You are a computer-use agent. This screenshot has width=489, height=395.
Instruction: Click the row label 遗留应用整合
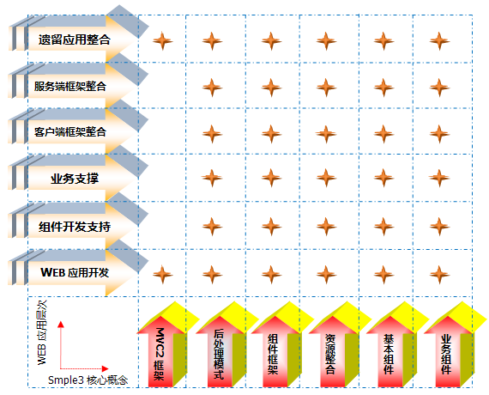[x=75, y=39]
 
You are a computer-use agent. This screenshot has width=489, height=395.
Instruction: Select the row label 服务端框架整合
[x=70, y=86]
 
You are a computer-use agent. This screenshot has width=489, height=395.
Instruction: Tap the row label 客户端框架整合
[x=70, y=131]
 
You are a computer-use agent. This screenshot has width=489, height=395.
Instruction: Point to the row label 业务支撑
[x=75, y=179]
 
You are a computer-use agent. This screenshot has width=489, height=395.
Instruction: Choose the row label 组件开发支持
[x=75, y=227]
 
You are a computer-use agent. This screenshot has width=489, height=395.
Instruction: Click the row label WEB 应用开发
[x=75, y=272]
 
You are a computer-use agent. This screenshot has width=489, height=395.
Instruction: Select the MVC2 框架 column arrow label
[x=160, y=354]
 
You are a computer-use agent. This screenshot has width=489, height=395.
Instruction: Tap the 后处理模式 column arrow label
[x=219, y=355]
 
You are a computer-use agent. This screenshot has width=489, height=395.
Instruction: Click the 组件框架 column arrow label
[x=273, y=355]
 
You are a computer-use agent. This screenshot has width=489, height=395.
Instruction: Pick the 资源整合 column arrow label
[x=330, y=355]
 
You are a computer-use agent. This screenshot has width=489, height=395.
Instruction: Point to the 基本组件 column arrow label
[x=389, y=355]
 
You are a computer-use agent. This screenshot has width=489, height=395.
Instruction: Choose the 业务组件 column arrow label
[x=446, y=355]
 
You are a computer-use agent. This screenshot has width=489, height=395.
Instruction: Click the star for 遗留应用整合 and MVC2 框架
[x=162, y=41]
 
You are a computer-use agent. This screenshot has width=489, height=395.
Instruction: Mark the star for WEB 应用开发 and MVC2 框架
[x=162, y=275]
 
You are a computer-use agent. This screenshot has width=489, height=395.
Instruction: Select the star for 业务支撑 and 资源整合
[x=326, y=178]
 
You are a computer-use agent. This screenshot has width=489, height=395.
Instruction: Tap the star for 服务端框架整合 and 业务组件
[x=439, y=88]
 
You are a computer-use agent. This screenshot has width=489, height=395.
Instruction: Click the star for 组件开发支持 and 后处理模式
[x=212, y=227]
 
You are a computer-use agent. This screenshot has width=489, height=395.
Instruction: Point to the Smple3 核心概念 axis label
[x=88, y=380]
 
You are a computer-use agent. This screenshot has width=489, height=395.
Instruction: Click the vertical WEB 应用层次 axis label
[x=42, y=332]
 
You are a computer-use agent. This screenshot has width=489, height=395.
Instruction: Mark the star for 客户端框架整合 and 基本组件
[x=383, y=134]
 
